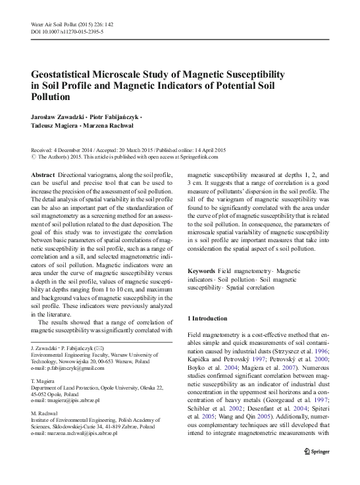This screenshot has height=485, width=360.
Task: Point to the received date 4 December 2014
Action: [x=73, y=150]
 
